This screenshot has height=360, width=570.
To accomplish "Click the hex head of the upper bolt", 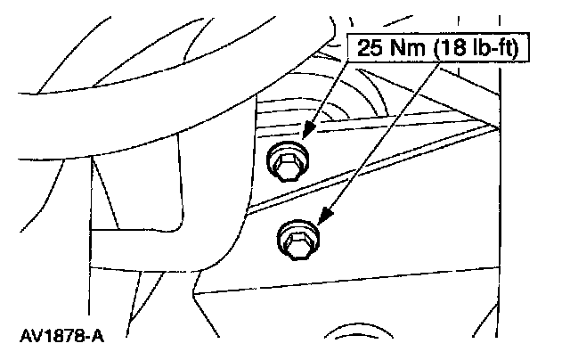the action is point(287,163).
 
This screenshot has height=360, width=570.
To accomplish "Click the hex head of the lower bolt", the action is point(297,240).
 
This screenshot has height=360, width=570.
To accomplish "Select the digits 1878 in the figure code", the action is point(62,340).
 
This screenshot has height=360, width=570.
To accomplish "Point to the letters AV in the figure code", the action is point(29,340).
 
